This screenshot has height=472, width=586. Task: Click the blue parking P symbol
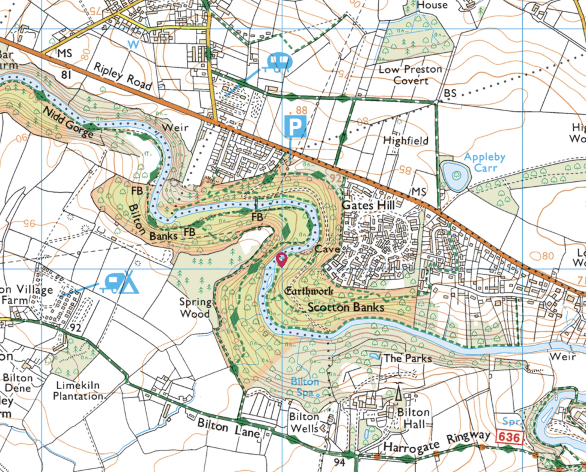[x=295, y=126]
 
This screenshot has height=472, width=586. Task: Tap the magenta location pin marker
[x=282, y=259]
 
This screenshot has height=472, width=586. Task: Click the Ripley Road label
[x=123, y=76]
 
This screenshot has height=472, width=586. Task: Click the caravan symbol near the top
[x=279, y=62]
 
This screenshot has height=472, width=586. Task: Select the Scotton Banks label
[x=346, y=307]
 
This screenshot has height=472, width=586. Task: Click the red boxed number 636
[x=509, y=437]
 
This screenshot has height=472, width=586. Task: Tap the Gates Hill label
[x=368, y=205]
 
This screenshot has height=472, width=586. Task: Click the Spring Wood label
[x=195, y=307]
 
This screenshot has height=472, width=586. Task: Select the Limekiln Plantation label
[x=78, y=390]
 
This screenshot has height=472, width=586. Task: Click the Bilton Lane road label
[x=228, y=428]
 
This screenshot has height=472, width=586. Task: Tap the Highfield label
[x=405, y=141]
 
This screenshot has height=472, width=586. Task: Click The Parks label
[x=407, y=358]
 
